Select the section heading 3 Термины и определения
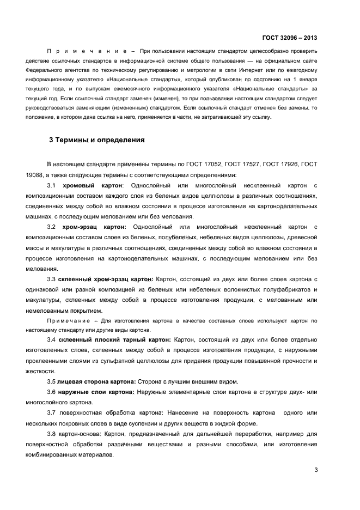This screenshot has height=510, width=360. coord(96,140)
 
